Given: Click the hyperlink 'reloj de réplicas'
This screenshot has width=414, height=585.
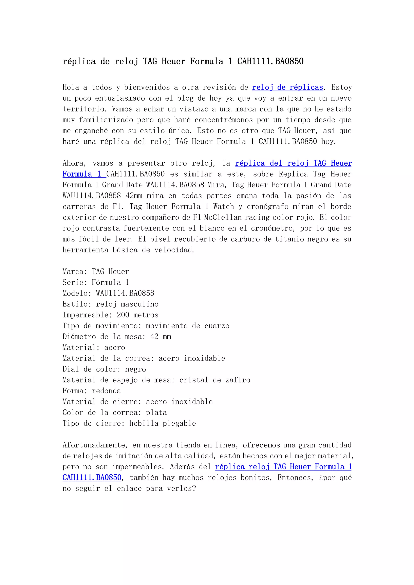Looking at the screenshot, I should [x=288, y=87].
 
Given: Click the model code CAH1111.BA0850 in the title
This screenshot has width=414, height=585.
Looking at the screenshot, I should [x=270, y=61].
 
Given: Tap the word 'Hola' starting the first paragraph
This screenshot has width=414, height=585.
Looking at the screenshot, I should [x=71, y=87].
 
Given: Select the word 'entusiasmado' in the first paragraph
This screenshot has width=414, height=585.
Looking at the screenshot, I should [x=116, y=98].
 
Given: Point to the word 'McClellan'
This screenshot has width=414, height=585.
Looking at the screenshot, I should [x=223, y=217].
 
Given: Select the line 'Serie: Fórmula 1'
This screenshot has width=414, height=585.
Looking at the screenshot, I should [x=96, y=282].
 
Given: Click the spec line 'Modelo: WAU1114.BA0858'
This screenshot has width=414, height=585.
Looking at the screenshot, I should [x=108, y=293].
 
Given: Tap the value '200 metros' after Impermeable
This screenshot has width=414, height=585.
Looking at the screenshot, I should [x=138, y=315].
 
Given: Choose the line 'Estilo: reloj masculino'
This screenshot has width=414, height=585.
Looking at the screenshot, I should [x=110, y=304].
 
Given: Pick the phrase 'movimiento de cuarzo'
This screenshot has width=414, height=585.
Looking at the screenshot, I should [x=188, y=326].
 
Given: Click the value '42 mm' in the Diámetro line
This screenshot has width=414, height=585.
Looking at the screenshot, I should [x=161, y=337].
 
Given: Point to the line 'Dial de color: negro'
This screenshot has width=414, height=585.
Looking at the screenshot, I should [x=104, y=369].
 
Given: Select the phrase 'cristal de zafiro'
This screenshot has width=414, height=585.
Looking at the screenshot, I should [x=215, y=380].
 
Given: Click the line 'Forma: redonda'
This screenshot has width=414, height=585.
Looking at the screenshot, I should [x=92, y=391].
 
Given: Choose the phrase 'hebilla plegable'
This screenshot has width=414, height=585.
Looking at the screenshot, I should [x=163, y=423].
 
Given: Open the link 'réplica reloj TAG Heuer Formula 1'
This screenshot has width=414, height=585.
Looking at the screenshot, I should [x=283, y=467].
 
